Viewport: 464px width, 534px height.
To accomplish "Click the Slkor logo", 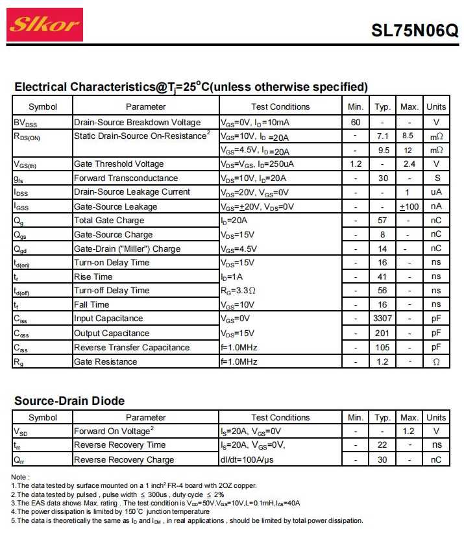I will (x=45, y=25).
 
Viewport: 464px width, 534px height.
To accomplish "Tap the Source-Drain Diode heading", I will (x=69, y=401).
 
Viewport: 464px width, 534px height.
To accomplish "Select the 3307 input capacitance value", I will (x=382, y=319).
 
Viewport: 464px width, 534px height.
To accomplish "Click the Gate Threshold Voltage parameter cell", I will (x=119, y=164).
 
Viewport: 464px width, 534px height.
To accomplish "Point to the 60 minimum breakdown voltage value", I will (x=356, y=123).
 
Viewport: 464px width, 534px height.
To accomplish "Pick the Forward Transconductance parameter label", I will (x=126, y=178).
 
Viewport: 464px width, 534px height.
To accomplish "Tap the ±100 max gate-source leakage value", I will (x=409, y=206).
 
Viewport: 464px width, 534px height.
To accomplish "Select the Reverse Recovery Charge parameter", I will (x=124, y=460).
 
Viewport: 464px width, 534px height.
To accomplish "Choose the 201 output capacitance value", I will (x=382, y=333).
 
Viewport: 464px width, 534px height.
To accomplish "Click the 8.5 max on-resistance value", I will (x=408, y=136).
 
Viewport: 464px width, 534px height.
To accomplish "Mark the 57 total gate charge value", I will (x=382, y=221).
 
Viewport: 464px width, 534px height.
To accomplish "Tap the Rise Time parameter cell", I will (x=93, y=277).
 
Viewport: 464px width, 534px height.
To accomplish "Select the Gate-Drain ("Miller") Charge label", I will (x=127, y=249).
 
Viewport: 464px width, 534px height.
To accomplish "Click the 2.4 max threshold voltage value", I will (x=409, y=164).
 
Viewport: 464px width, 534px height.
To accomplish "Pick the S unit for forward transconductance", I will (x=437, y=178).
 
